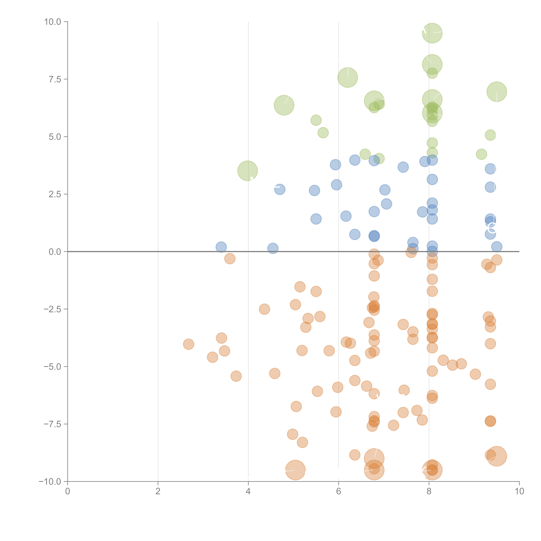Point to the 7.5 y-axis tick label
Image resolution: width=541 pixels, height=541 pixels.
point(55,79)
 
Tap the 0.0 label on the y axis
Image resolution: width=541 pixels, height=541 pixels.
point(55,252)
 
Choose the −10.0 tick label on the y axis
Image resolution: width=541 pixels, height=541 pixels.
point(50,482)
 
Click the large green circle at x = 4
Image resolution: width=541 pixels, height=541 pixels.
point(248,171)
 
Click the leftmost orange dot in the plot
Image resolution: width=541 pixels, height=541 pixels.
point(188,344)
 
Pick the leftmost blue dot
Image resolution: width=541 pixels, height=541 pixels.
point(221,247)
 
